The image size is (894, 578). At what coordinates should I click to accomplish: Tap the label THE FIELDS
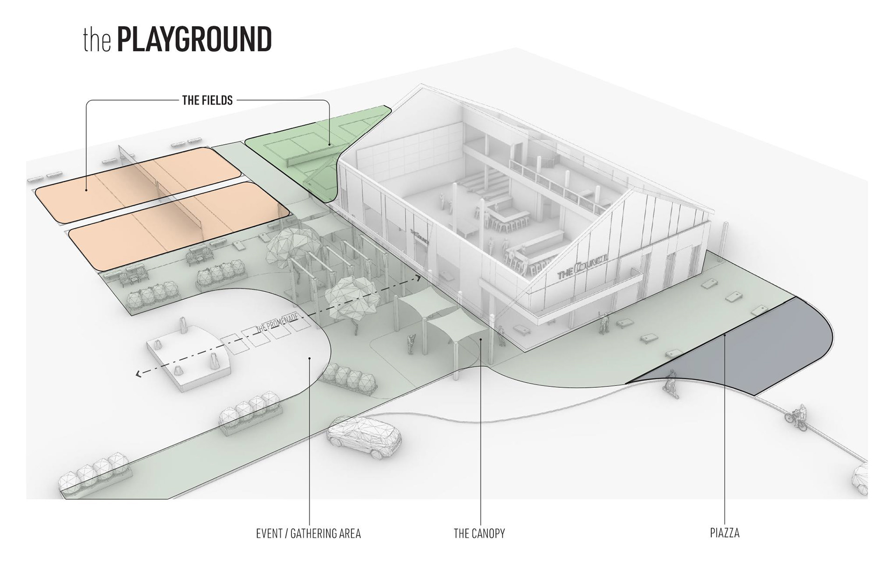(x=207, y=100)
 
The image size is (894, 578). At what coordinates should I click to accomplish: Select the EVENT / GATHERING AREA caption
(x=308, y=533)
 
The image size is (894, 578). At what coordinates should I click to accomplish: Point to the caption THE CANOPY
(x=479, y=533)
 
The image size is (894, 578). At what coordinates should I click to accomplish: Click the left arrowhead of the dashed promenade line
(x=138, y=374)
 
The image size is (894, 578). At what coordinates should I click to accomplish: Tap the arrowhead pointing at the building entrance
(x=419, y=278)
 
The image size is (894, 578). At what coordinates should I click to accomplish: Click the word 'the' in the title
(x=97, y=41)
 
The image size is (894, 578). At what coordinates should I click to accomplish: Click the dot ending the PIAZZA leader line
(x=725, y=335)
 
